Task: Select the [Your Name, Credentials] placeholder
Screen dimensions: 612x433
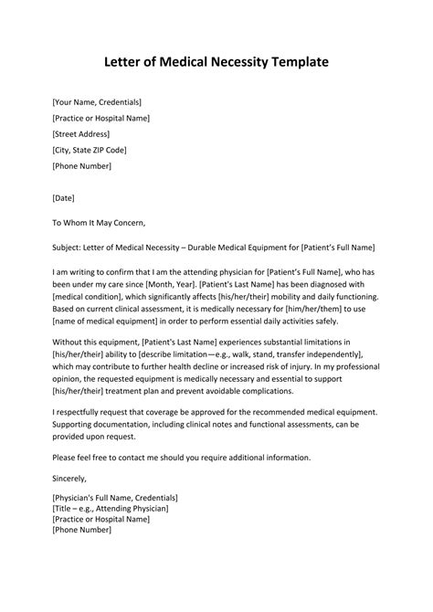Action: [97, 101]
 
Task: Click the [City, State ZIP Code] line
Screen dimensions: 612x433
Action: [90, 150]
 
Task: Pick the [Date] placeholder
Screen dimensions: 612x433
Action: [63, 197]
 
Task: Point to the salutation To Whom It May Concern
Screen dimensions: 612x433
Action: [99, 221]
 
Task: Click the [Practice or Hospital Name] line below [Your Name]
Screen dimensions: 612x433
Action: [101, 118]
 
